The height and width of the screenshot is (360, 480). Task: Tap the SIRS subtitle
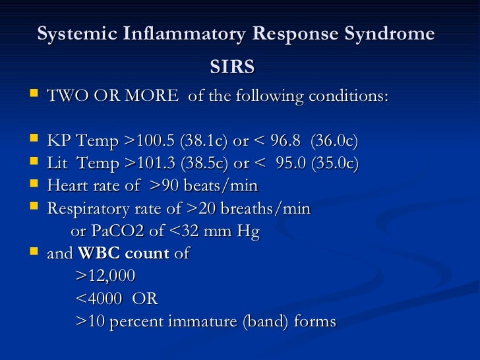tap(232, 68)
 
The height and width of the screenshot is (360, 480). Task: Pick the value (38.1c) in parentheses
tap(203, 141)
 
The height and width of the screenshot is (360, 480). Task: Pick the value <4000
tap(99, 299)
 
